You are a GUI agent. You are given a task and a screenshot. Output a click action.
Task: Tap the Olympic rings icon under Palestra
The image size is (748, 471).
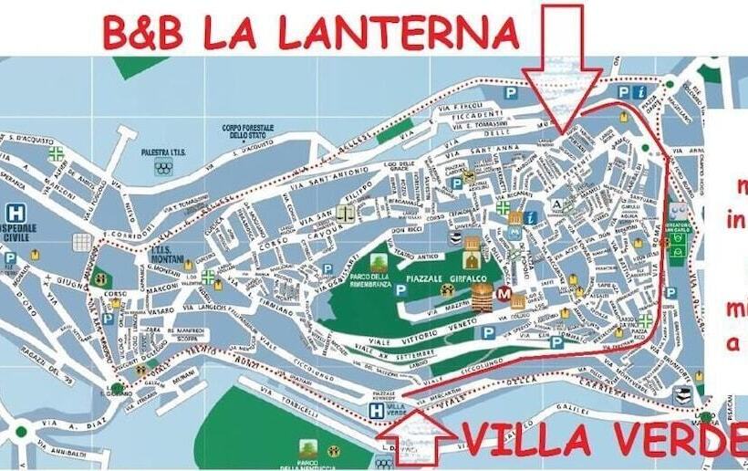click(x=163, y=167)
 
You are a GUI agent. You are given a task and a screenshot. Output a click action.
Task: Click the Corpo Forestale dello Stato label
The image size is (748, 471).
click(x=242, y=131)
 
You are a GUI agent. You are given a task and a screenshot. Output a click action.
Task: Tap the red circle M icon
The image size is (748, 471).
click(x=503, y=294)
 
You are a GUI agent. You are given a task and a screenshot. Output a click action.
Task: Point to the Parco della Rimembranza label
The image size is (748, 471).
click(x=351, y=283)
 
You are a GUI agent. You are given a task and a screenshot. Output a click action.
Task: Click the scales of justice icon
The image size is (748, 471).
click(x=346, y=213)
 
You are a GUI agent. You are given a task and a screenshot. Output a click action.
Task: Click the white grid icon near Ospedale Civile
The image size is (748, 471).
click(x=83, y=242)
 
